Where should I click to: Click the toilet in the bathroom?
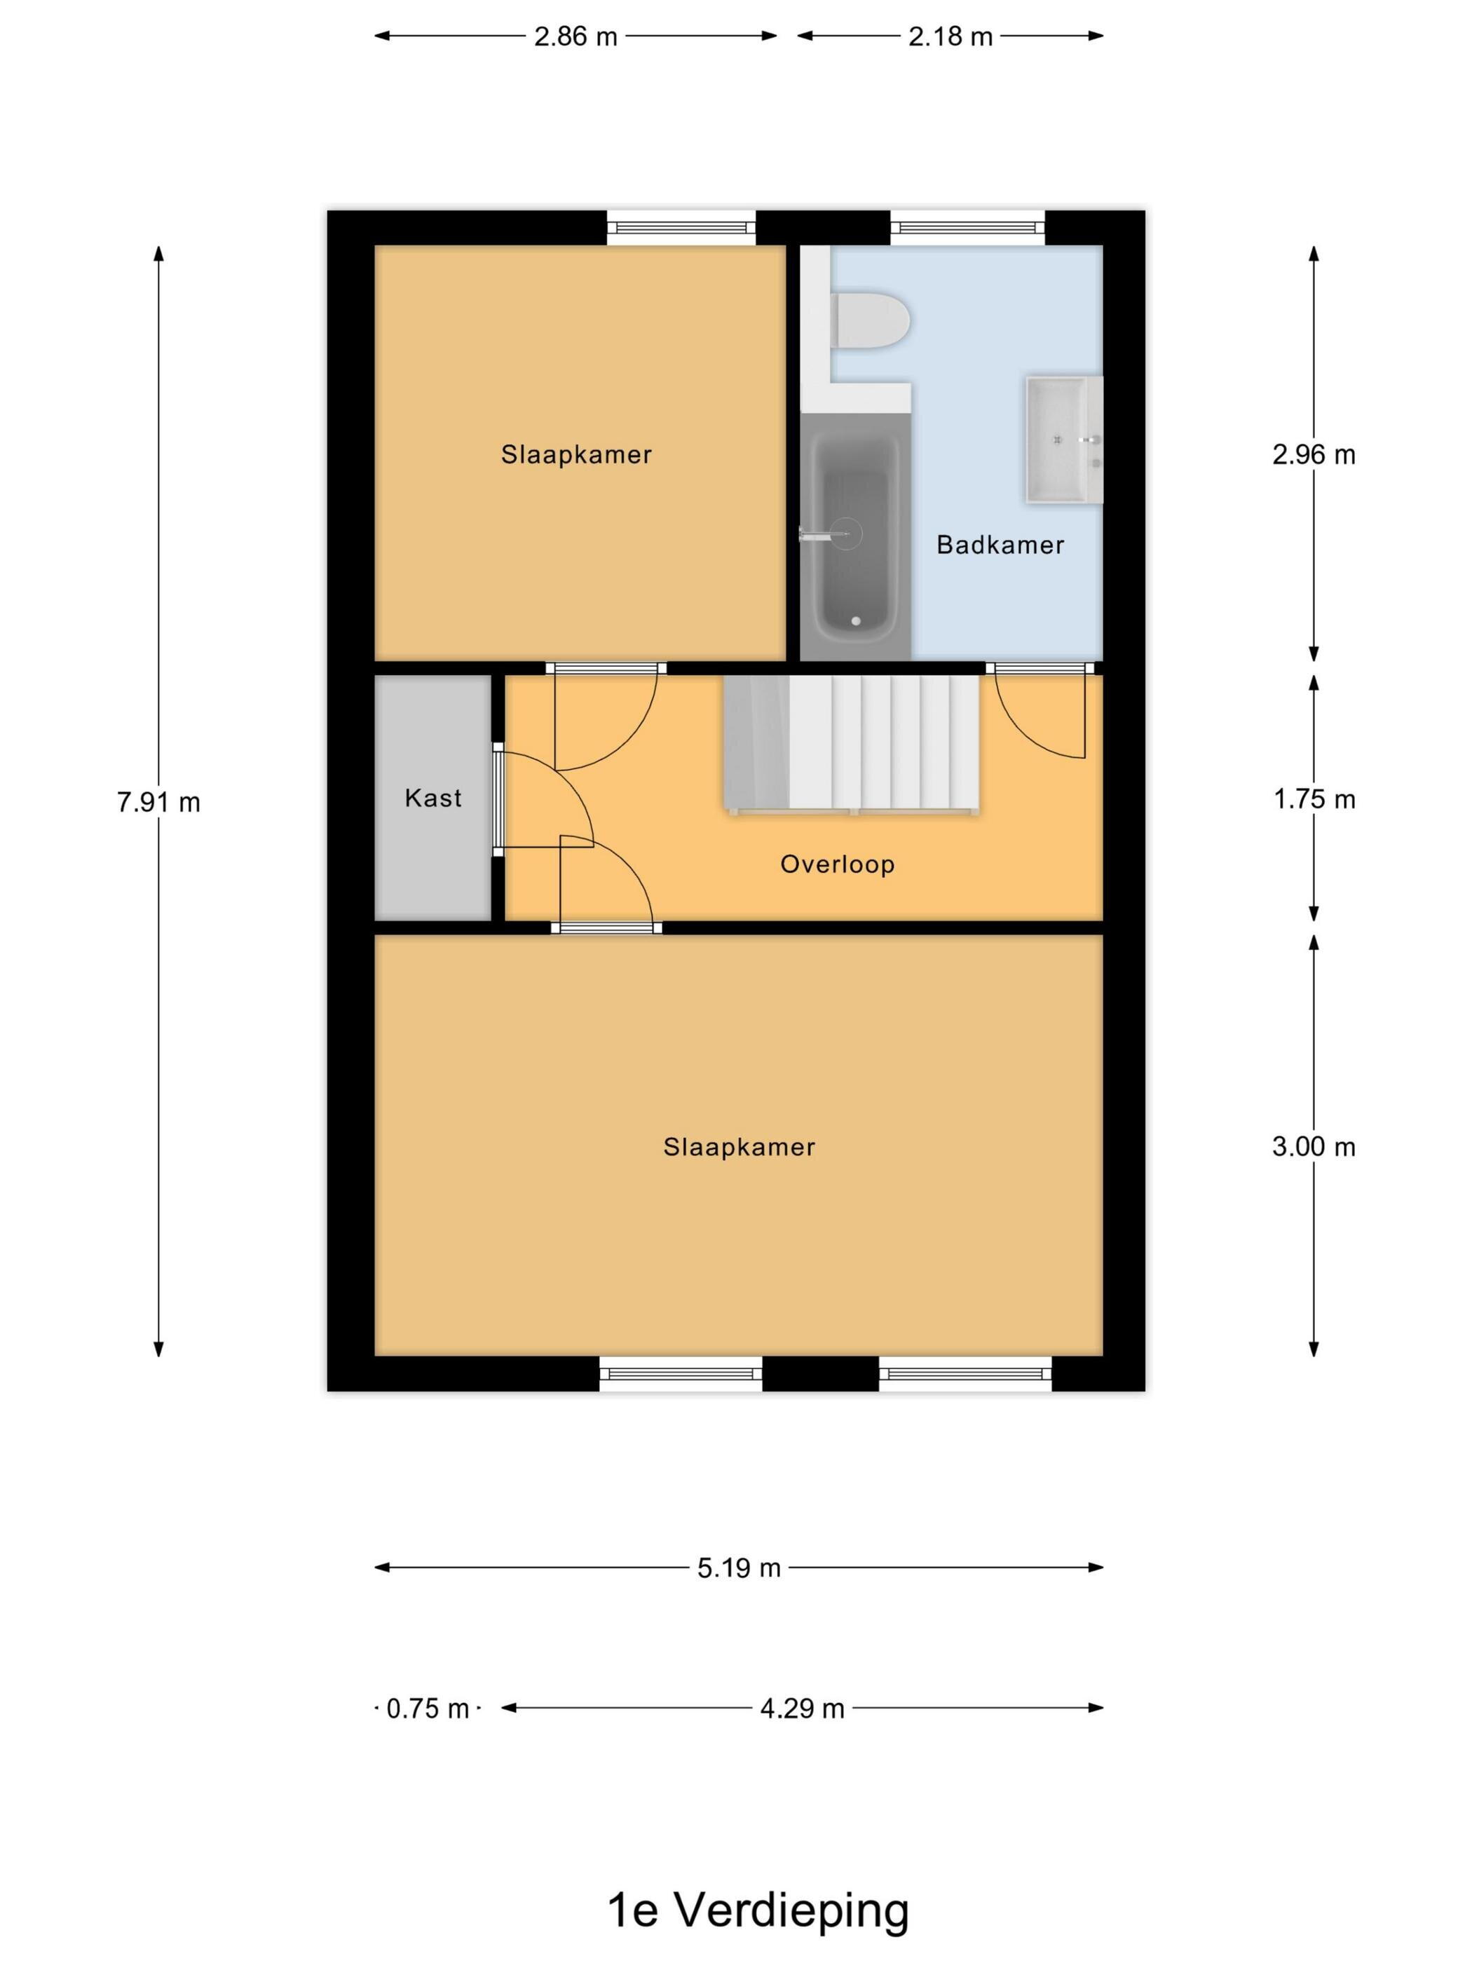tap(870, 320)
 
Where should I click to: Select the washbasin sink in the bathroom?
tap(1063, 440)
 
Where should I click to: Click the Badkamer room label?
tap(1000, 544)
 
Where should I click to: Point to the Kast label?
tap(433, 798)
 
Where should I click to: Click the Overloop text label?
tap(837, 864)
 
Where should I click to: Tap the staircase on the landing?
tap(852, 744)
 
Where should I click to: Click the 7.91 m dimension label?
tap(159, 802)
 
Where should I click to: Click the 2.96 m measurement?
tap(1313, 454)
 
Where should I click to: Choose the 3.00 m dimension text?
tap(1313, 1146)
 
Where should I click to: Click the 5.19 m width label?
tap(738, 1568)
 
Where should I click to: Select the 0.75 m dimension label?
tap(428, 1709)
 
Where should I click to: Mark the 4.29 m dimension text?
tap(802, 1709)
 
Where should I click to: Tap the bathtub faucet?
tap(822, 534)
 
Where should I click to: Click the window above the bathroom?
tap(967, 228)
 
